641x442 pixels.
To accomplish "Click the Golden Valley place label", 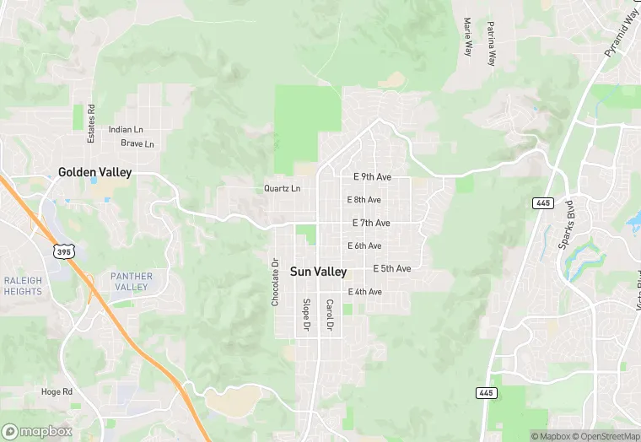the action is (95, 172).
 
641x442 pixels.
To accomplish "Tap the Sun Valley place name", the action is (318, 272).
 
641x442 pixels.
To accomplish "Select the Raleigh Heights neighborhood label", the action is (23, 286).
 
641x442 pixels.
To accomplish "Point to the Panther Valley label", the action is (132, 281).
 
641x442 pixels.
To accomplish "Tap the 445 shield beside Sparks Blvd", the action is (542, 203).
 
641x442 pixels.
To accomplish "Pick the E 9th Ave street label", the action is (372, 177).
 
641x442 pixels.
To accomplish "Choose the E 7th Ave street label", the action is (371, 223).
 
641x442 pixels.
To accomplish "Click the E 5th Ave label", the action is (392, 268).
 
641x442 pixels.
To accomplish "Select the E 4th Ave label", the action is (365, 292).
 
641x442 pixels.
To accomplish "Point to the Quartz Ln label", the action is (282, 188).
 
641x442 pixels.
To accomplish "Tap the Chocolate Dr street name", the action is (275, 282).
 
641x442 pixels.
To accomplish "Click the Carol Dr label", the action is (330, 314).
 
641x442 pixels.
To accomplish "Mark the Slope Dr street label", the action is (306, 314).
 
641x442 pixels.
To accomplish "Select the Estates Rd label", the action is (91, 122).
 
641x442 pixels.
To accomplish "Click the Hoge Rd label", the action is (57, 391).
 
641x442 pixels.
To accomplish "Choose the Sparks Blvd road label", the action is (566, 224).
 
